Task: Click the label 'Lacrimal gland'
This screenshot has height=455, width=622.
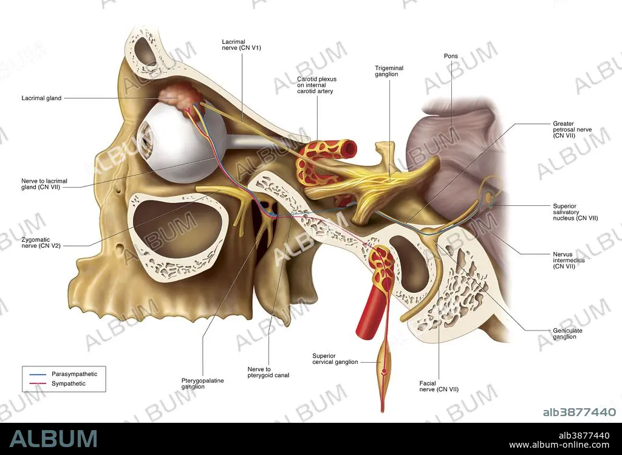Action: pyautogui.click(x=41, y=98)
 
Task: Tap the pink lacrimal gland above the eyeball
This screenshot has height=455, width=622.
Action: pyautogui.click(x=180, y=98)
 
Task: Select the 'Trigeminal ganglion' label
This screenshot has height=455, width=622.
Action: pyautogui.click(x=389, y=71)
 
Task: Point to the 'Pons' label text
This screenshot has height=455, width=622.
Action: pyautogui.click(x=451, y=56)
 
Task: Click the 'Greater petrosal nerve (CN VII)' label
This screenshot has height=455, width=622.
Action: pyautogui.click(x=572, y=129)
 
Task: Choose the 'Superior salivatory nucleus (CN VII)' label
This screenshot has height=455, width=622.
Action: pyautogui.click(x=575, y=212)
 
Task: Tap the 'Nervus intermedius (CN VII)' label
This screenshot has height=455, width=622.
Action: pyautogui.click(x=569, y=260)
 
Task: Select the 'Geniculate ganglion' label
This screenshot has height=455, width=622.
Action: pyautogui.click(x=567, y=334)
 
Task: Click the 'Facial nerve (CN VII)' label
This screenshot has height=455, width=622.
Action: pyautogui.click(x=439, y=386)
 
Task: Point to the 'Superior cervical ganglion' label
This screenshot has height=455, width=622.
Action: pyautogui.click(x=335, y=359)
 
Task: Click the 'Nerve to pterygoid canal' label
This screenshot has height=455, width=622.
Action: pyautogui.click(x=268, y=372)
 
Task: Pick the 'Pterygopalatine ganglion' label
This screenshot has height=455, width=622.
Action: pyautogui.click(x=202, y=383)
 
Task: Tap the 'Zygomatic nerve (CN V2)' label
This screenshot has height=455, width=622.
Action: pyautogui.click(x=41, y=243)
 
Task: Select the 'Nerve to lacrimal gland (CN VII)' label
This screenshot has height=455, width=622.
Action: pyautogui.click(x=44, y=184)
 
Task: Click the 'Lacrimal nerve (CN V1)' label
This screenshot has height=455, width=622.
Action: pyautogui.click(x=241, y=45)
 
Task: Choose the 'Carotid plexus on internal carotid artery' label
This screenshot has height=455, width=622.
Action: pyautogui.click(x=316, y=85)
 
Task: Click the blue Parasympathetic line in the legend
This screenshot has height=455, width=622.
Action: pyautogui.click(x=38, y=374)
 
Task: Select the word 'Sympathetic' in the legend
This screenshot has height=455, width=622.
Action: pyautogui.click(x=69, y=383)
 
